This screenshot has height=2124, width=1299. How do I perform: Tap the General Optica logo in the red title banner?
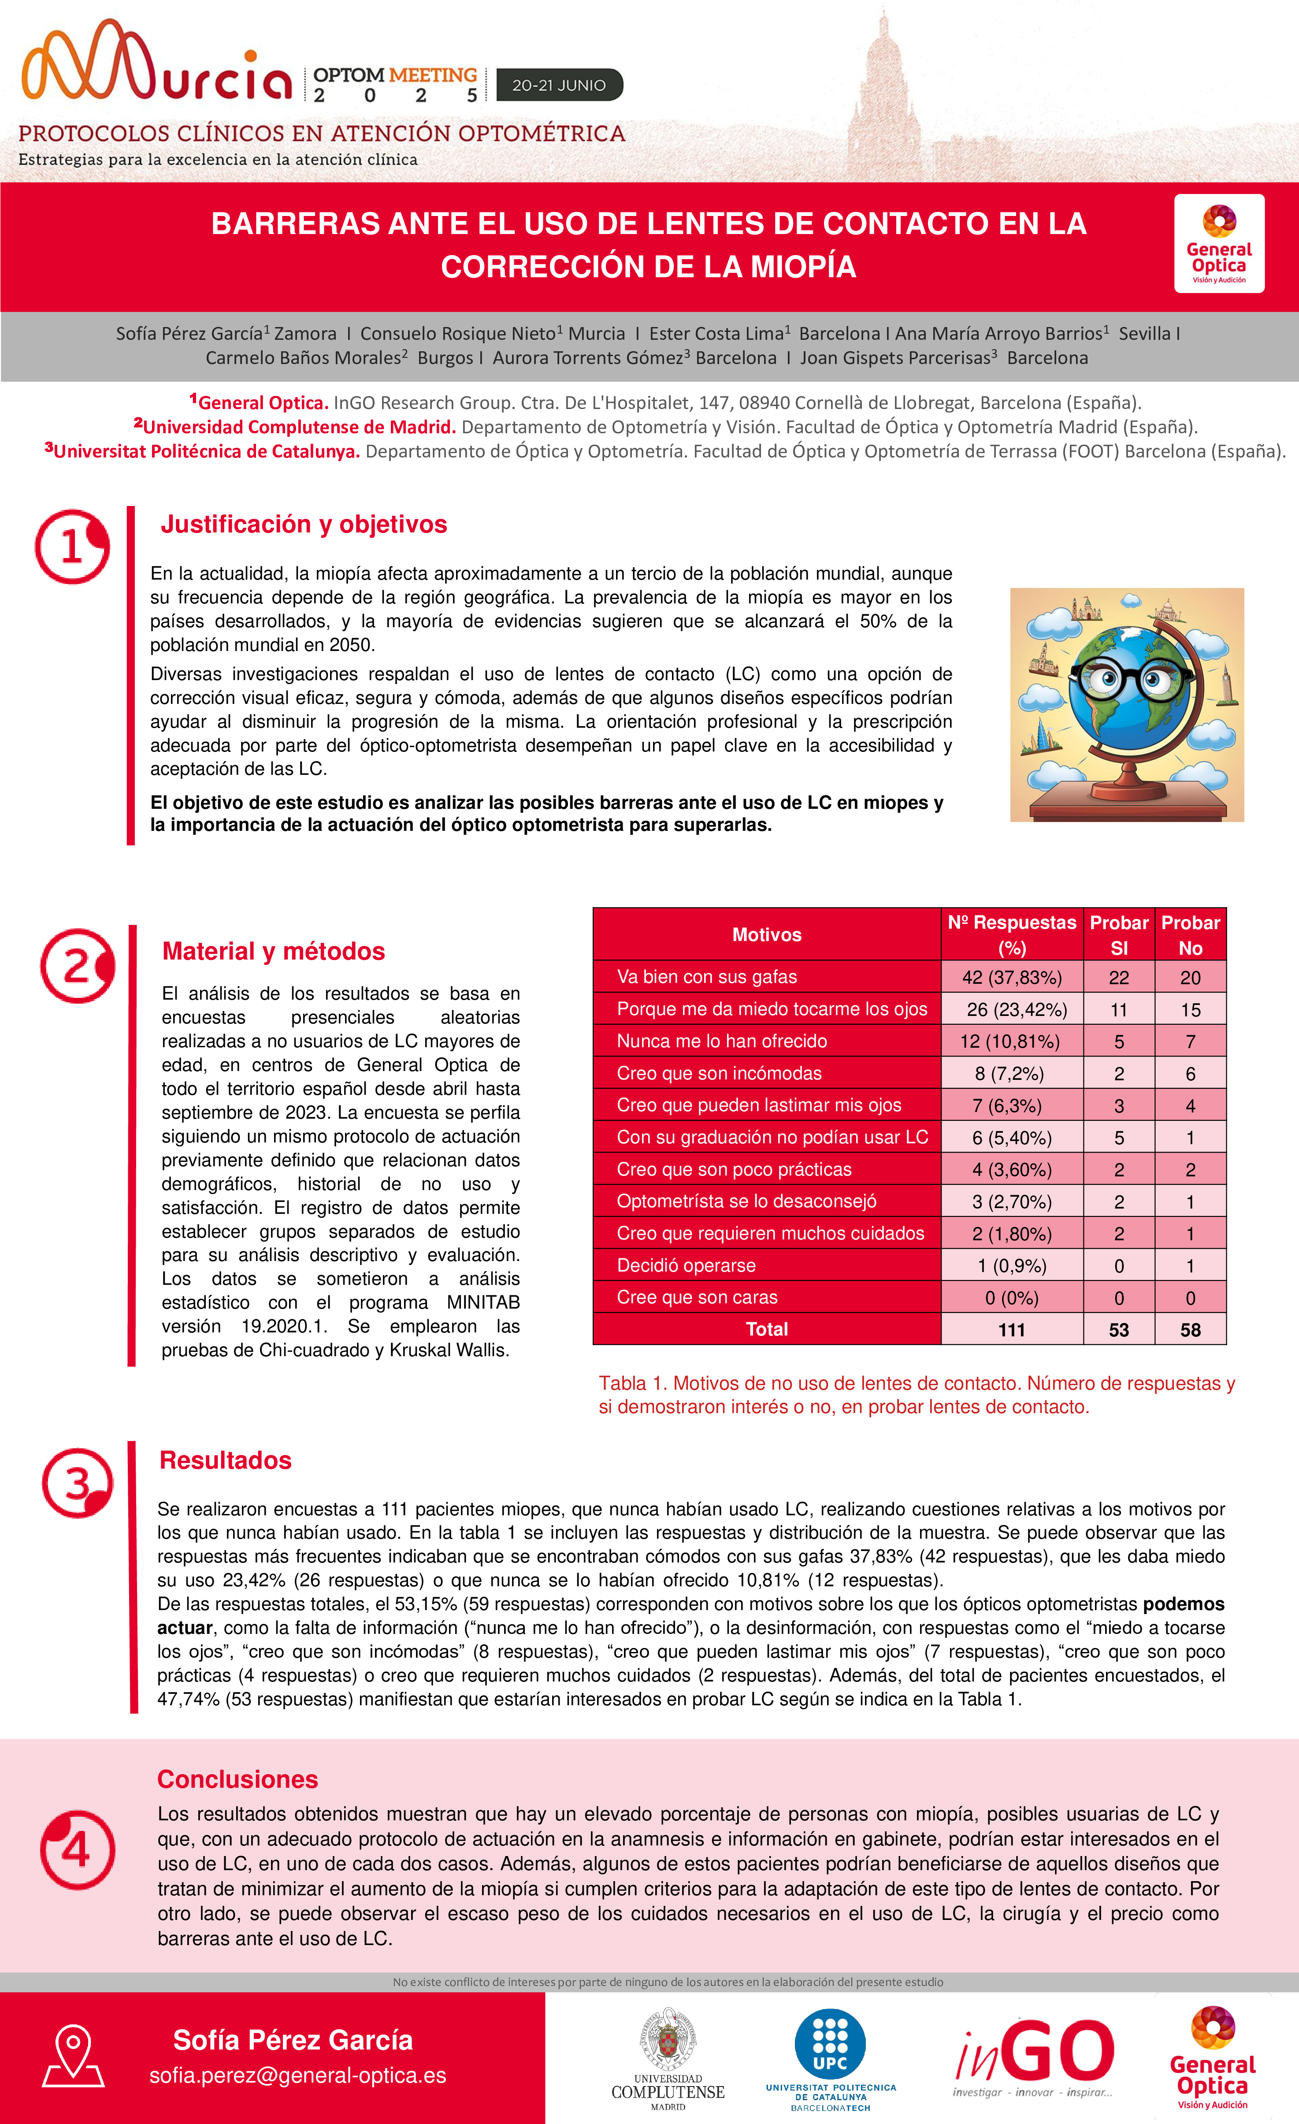[1219, 243]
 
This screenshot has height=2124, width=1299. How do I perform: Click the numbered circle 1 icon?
[72, 547]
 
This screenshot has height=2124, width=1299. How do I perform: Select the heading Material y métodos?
[273, 951]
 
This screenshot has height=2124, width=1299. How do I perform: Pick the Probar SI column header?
[1119, 934]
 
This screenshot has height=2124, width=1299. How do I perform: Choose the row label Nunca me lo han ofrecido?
[721, 1042]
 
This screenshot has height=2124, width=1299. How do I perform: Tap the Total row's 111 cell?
[1012, 1329]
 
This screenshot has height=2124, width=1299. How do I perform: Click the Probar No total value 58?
[1191, 1329]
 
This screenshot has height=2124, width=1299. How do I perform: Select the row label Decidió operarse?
[686, 1265]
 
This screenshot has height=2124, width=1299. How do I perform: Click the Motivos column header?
[766, 934]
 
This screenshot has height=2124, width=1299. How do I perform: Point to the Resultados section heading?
[226, 1460]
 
